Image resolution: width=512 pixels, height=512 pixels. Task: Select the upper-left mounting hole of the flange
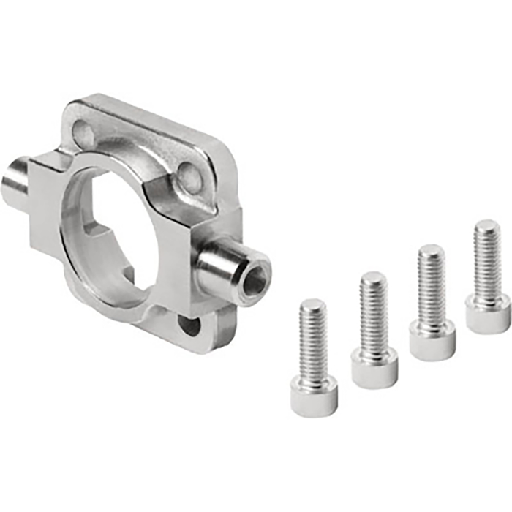(83, 134)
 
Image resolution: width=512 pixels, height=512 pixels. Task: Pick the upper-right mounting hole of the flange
(189, 174)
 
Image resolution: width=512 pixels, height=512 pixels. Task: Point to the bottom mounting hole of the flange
(188, 324)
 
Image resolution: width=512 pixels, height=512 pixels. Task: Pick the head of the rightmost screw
(487, 315)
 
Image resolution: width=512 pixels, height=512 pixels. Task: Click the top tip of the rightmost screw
(486, 225)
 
